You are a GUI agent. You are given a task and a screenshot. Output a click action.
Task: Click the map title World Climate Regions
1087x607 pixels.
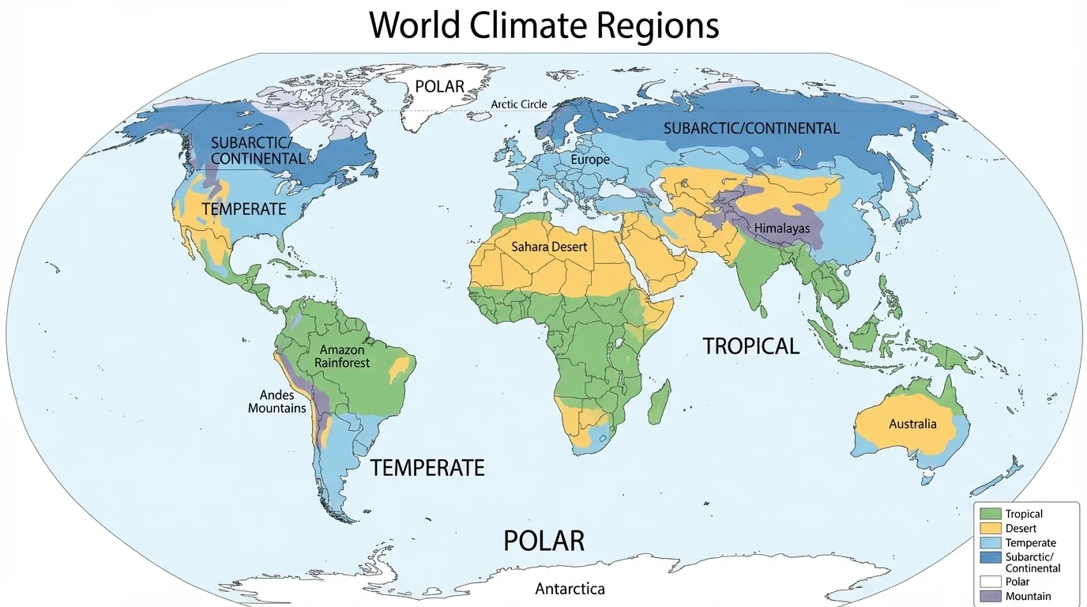point(544,25)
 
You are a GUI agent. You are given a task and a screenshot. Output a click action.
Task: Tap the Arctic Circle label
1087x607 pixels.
point(519,104)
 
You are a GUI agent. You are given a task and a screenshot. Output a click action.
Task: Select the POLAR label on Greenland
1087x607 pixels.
point(439,86)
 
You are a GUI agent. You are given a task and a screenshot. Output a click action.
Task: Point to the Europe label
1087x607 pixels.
point(590,160)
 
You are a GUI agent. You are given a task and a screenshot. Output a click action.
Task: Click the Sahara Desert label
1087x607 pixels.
point(549,247)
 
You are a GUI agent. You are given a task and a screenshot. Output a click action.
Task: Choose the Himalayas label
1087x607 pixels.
point(782,228)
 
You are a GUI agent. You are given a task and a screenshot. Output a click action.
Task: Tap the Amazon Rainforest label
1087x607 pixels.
point(342,356)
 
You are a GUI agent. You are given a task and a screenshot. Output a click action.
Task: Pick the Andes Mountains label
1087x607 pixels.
point(276,402)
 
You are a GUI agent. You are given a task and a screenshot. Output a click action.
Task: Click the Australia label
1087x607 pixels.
point(912,424)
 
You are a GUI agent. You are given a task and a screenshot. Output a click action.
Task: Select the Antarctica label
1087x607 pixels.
point(570,589)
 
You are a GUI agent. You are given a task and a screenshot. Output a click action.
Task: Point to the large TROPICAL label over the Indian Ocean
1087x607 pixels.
point(750,345)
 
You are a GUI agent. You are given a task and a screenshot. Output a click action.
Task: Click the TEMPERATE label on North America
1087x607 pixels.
point(243,209)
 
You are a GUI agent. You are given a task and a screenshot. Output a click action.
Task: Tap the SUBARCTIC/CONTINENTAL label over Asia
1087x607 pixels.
point(751,128)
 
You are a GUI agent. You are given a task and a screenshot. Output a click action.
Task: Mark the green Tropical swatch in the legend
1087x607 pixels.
point(990,515)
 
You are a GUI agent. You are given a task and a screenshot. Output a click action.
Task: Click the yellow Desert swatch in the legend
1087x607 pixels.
point(990,529)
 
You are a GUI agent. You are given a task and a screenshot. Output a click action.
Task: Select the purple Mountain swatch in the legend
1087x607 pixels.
point(990,596)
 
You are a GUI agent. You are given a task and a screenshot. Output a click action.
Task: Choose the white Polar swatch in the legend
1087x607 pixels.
point(990,582)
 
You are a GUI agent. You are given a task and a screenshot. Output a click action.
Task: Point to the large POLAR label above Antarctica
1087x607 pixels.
point(544,541)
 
